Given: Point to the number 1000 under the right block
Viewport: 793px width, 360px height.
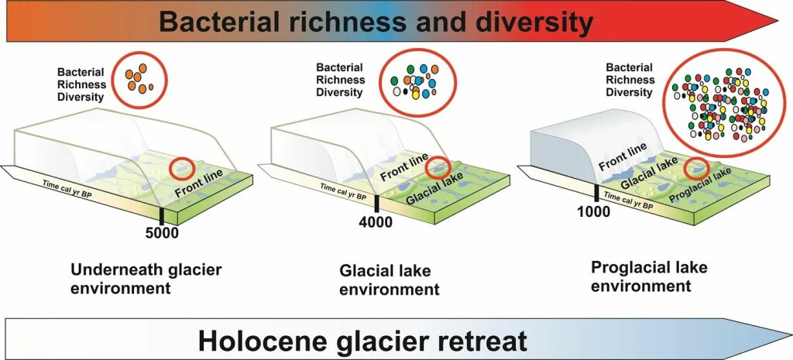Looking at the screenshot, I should tap(594, 211).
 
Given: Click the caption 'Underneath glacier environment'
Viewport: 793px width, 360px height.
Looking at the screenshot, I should tap(146, 279).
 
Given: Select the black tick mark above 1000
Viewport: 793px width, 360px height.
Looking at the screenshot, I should tap(595, 194).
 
